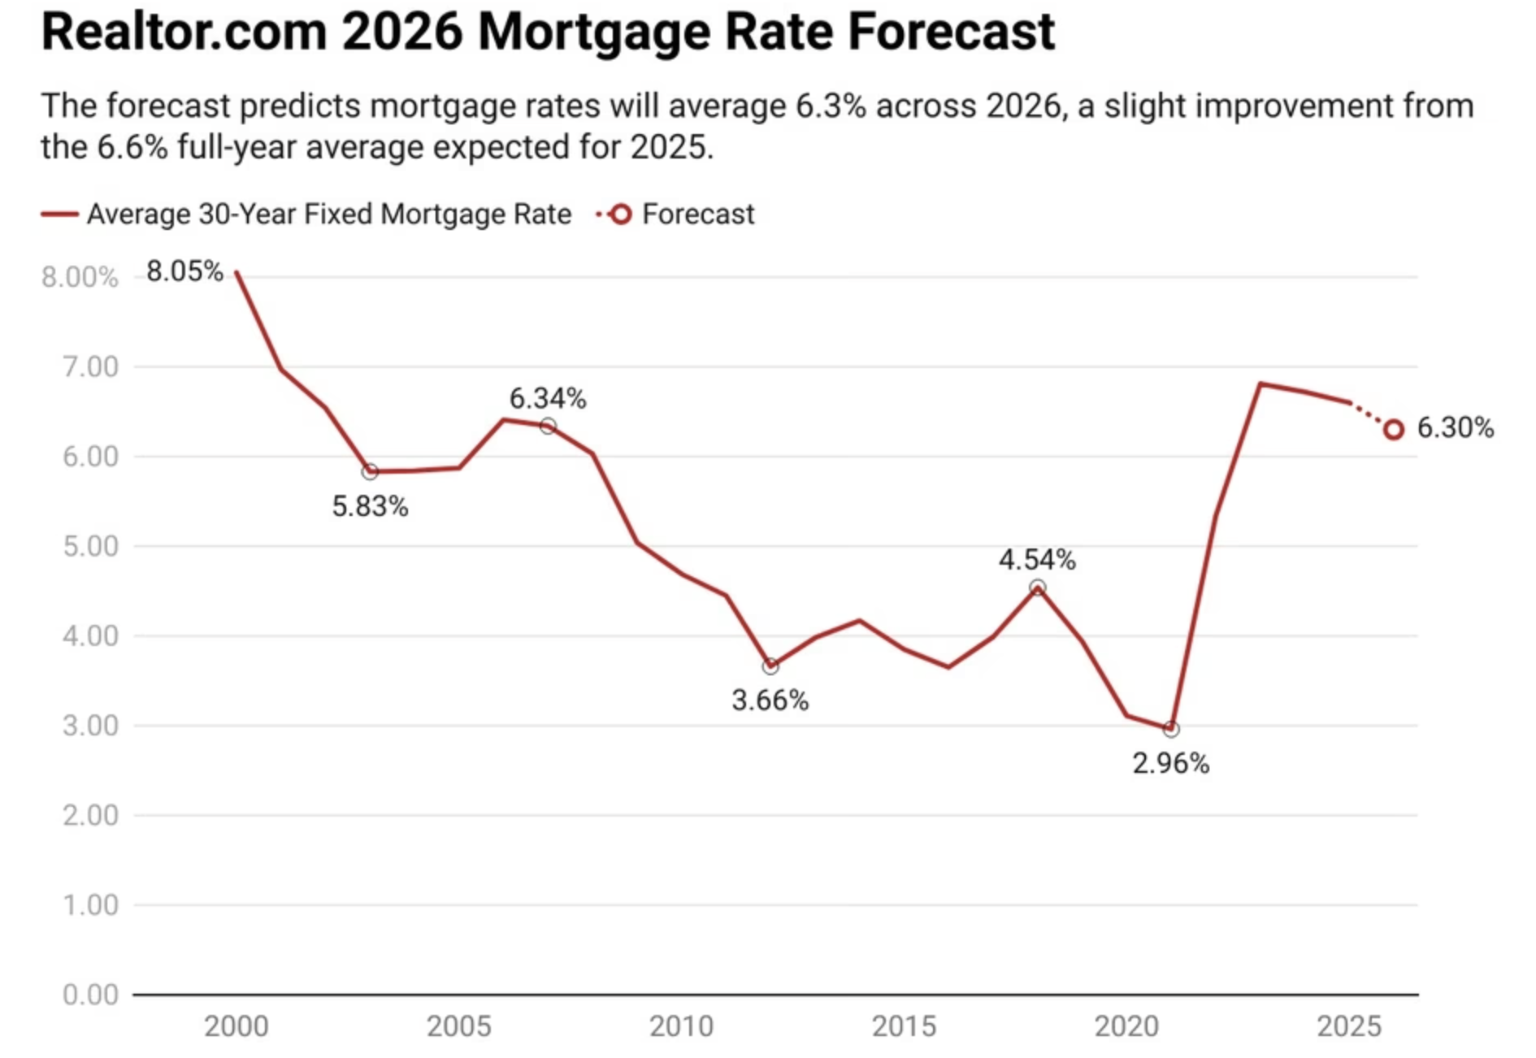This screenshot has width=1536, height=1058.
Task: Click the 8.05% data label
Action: (x=184, y=271)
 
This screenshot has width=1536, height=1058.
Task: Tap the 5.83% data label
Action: (x=370, y=507)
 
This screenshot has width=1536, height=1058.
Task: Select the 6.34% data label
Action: (x=548, y=399)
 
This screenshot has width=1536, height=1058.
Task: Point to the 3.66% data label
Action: (x=770, y=700)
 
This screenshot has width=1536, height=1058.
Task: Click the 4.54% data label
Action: (x=1037, y=560)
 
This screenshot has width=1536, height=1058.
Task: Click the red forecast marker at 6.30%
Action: (x=1394, y=430)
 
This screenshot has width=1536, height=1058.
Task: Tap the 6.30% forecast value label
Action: (x=1455, y=428)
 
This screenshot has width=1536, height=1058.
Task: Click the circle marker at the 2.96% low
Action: (x=1171, y=730)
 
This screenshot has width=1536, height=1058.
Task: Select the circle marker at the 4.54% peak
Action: (x=1037, y=588)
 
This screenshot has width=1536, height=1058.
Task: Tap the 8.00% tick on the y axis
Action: (x=80, y=278)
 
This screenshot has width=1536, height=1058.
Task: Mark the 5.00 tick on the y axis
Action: (x=90, y=546)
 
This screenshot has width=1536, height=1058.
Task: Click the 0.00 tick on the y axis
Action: (x=90, y=995)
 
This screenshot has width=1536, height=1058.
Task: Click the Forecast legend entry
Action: (x=697, y=215)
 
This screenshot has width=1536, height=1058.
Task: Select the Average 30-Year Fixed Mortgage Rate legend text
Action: (x=329, y=215)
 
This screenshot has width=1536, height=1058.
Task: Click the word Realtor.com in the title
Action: (x=184, y=33)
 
